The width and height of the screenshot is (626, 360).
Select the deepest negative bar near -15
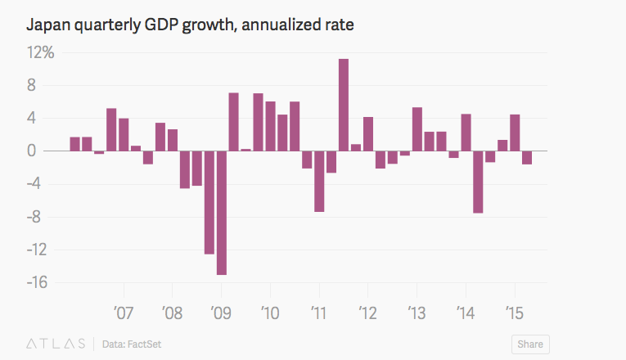tap(222, 213)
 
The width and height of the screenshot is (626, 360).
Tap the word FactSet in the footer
tap(145, 344)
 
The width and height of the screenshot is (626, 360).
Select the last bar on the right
tap(527, 158)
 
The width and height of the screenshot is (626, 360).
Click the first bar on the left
tap(74, 144)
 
